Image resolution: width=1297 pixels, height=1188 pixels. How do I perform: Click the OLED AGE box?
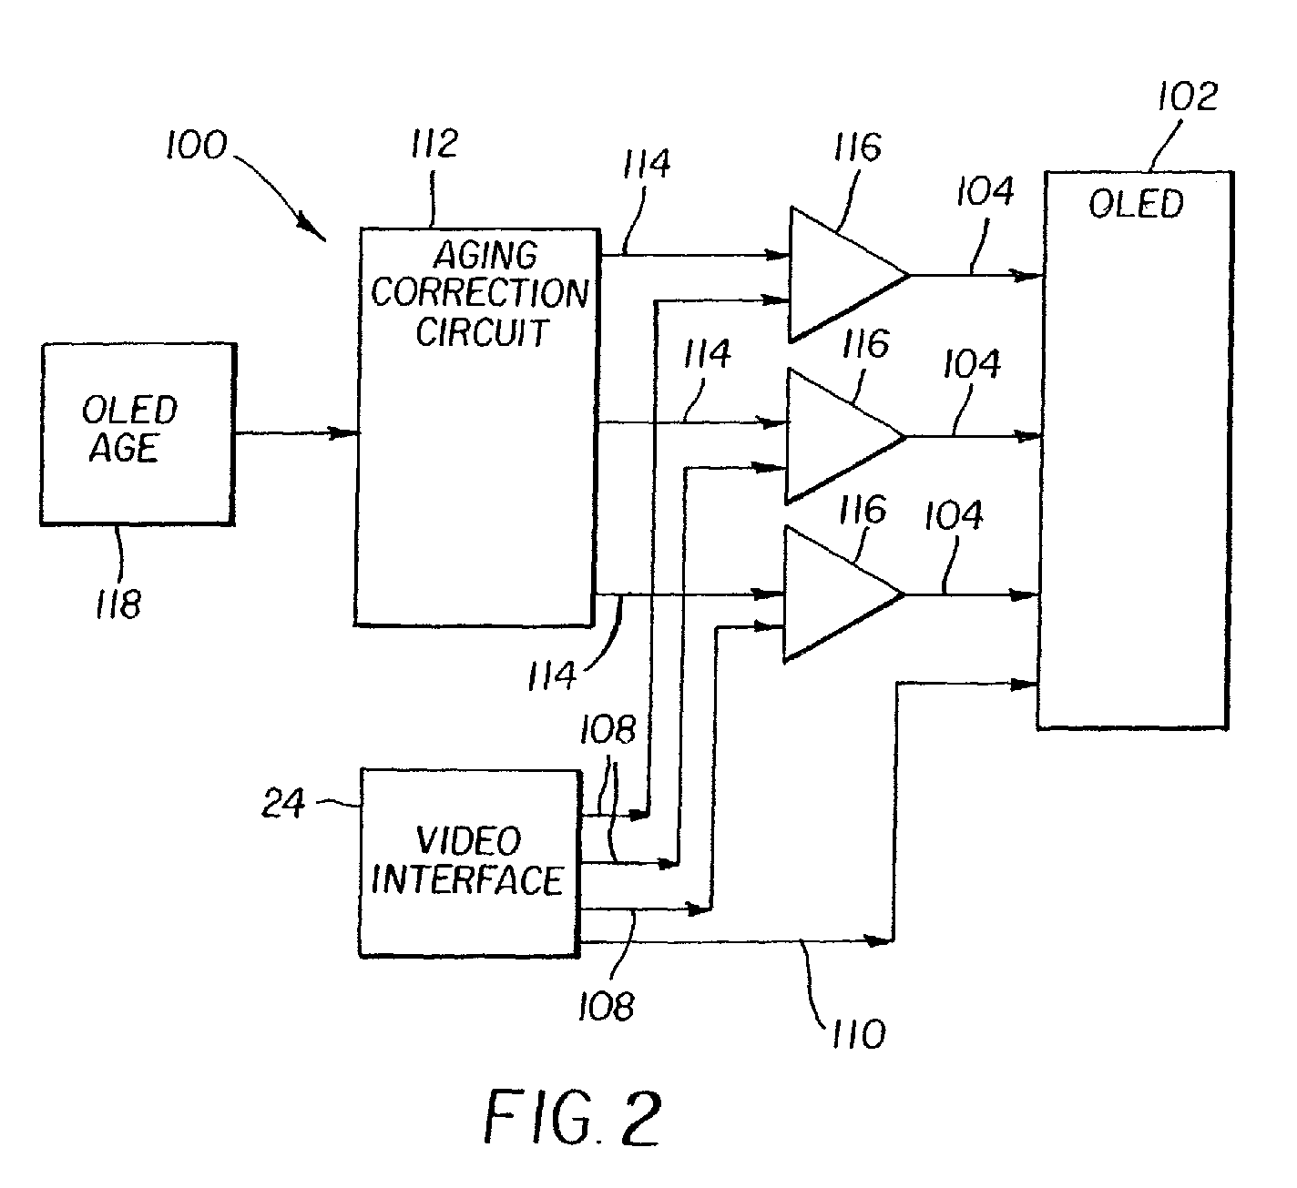[138, 433]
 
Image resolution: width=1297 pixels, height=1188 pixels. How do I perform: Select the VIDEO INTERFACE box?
[469, 863]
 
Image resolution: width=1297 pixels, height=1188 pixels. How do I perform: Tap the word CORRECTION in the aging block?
[479, 293]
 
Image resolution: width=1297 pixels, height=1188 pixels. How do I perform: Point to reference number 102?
[1186, 96]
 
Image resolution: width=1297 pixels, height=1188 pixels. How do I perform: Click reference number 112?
[434, 145]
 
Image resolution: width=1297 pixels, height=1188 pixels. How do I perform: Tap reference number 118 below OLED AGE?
[118, 604]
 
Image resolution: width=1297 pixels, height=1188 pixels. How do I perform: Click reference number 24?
[283, 804]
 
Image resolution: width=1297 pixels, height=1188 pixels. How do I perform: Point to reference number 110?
[857, 1033]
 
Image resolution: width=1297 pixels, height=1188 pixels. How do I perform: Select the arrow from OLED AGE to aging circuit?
[295, 433]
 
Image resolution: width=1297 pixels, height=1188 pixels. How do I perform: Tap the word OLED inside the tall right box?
[1136, 204]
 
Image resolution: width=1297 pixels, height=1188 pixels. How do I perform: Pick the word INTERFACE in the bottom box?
[468, 881]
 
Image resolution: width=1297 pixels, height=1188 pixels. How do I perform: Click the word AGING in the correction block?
[485, 255]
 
